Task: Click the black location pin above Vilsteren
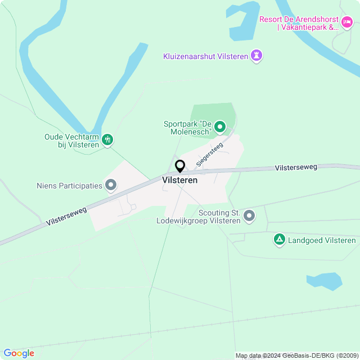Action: click(x=180, y=166)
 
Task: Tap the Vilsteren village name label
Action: click(x=179, y=181)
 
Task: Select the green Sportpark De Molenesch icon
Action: click(x=220, y=128)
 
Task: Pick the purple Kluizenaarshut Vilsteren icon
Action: click(x=257, y=56)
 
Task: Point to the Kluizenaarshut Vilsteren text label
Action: click(x=205, y=56)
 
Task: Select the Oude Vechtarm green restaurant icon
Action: click(x=108, y=139)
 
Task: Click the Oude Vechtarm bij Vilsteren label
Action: click(x=71, y=140)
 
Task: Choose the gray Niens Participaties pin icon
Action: click(x=111, y=184)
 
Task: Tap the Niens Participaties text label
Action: click(x=69, y=185)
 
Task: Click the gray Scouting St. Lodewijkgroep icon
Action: click(x=249, y=215)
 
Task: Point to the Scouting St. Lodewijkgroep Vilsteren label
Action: click(x=199, y=217)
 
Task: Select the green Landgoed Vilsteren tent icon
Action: click(x=279, y=240)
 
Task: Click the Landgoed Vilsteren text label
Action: click(x=322, y=241)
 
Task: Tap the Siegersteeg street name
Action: click(x=209, y=154)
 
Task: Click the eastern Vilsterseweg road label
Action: click(x=296, y=168)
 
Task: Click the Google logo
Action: click(x=19, y=353)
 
